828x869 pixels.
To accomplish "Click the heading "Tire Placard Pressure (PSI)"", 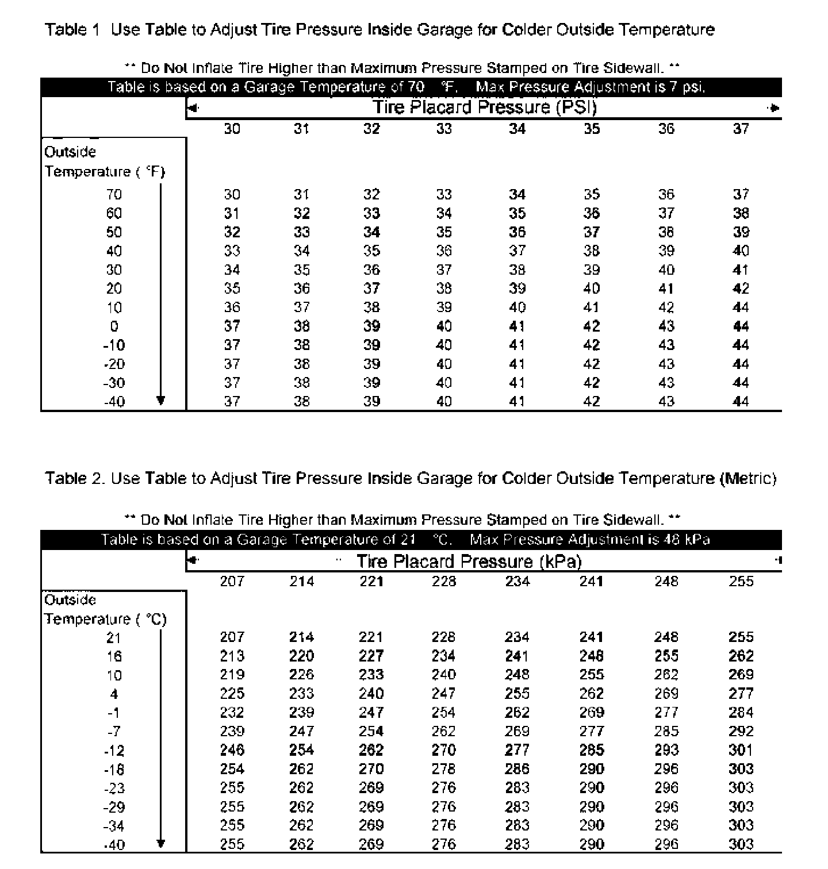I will (x=484, y=107).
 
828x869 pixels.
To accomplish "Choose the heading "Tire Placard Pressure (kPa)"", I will (x=469, y=561).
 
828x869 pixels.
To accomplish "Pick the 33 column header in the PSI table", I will (x=443, y=129).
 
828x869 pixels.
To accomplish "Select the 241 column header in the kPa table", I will (x=591, y=582).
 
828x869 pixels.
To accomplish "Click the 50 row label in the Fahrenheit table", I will (x=114, y=232).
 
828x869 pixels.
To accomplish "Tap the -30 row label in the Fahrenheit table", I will (x=114, y=383).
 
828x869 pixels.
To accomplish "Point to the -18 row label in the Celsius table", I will (x=114, y=769).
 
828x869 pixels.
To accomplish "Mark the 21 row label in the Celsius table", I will (x=114, y=637).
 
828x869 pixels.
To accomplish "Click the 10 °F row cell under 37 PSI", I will (x=741, y=307).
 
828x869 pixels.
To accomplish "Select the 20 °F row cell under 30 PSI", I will (x=232, y=289).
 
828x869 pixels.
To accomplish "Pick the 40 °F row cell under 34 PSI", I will (x=517, y=251).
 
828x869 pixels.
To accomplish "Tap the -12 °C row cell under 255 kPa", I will (x=741, y=750).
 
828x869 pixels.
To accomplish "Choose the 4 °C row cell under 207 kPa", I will (x=232, y=694).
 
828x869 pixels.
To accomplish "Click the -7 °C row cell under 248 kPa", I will (x=666, y=731).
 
